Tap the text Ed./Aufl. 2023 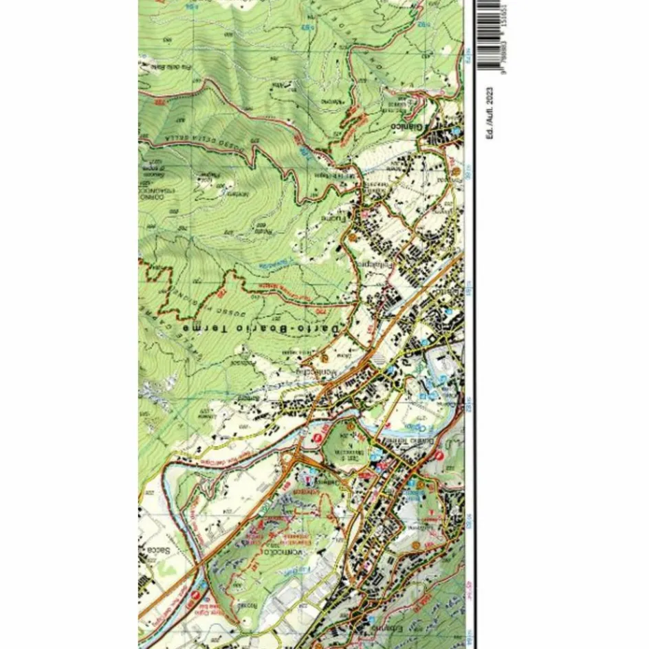[489, 113]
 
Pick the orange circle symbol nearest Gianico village [455, 170]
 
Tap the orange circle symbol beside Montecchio [325, 357]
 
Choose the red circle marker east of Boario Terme [440, 454]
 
